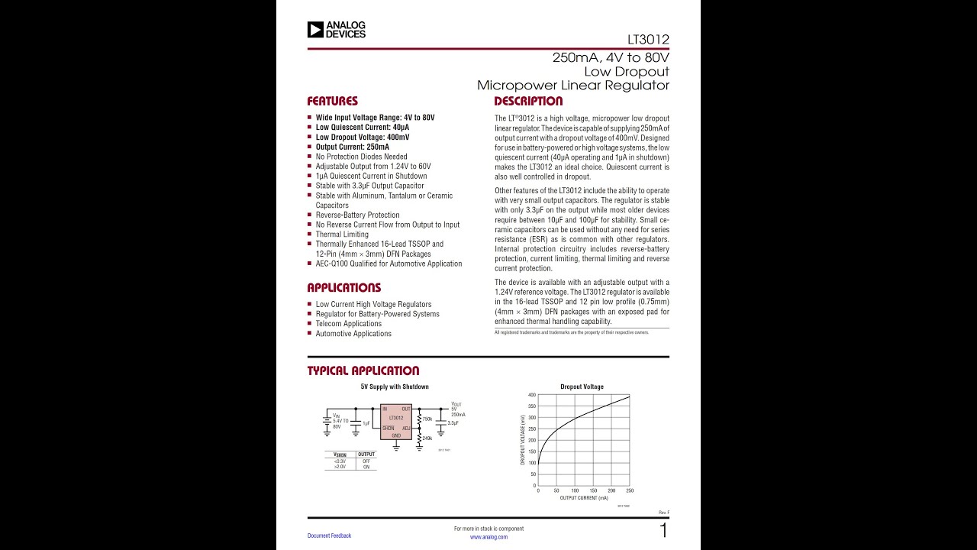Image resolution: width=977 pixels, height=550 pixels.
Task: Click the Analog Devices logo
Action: point(337,30)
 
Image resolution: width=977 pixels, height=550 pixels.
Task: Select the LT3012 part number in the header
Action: point(648,40)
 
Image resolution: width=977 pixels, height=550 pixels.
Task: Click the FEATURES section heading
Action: point(332,101)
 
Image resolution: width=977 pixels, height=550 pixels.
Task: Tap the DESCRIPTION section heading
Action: point(528,101)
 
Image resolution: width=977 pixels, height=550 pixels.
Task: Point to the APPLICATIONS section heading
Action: point(343,288)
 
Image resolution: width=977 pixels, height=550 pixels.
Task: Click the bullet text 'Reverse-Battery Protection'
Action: point(357,215)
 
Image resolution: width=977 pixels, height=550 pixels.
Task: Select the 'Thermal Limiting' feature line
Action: point(342,235)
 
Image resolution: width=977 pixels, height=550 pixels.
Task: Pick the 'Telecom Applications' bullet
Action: point(349,324)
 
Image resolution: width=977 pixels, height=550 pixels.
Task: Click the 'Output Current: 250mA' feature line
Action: point(352,147)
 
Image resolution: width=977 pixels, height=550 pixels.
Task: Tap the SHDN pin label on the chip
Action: point(389,429)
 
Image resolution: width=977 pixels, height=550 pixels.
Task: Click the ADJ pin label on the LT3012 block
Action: point(406,429)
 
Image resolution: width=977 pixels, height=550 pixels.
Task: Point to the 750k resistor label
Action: point(427,419)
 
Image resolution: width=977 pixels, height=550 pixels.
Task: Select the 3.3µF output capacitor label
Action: point(453,422)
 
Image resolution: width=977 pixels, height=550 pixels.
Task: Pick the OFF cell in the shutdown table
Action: point(366,461)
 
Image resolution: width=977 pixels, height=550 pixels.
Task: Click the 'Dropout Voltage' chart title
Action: point(582,387)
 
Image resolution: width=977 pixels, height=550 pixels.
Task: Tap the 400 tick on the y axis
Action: point(532,395)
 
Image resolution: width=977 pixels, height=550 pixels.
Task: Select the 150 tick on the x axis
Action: point(593,490)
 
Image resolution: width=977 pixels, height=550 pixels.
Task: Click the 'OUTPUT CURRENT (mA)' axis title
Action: point(584,498)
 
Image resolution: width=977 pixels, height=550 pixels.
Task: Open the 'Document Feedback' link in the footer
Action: point(329,535)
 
